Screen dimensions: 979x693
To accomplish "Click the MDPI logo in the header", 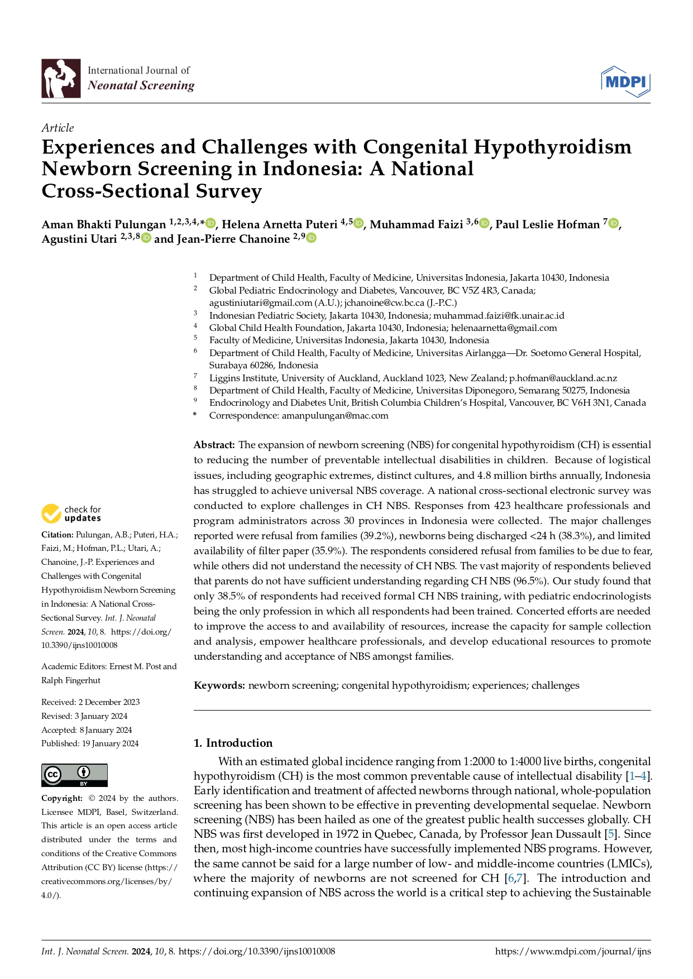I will (x=625, y=81).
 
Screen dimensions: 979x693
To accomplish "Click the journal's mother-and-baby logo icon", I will (x=61, y=79).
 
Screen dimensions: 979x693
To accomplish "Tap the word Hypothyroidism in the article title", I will (x=553, y=147).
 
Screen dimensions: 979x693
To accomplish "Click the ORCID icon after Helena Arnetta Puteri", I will (x=359, y=224).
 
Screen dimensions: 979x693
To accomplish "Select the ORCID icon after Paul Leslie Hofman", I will (x=613, y=224).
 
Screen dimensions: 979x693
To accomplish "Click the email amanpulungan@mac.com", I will (x=334, y=415).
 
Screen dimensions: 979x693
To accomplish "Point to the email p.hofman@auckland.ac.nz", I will (x=563, y=378).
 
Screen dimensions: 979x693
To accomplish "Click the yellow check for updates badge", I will (x=51, y=514).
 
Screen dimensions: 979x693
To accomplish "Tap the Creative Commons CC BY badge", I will (x=74, y=775).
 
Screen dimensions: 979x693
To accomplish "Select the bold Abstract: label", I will (x=214, y=445).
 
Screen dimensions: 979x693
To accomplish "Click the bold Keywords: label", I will (x=219, y=685).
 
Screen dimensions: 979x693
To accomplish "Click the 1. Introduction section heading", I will (x=233, y=743).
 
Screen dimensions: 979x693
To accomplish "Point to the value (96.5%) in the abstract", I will (x=528, y=581).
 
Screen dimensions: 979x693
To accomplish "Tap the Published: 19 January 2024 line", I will (x=90, y=743).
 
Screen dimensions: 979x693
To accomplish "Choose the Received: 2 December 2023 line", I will (x=90, y=702).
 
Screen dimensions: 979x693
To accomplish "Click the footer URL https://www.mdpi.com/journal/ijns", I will (x=572, y=952).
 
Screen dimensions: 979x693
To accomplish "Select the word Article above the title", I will (x=58, y=128).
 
